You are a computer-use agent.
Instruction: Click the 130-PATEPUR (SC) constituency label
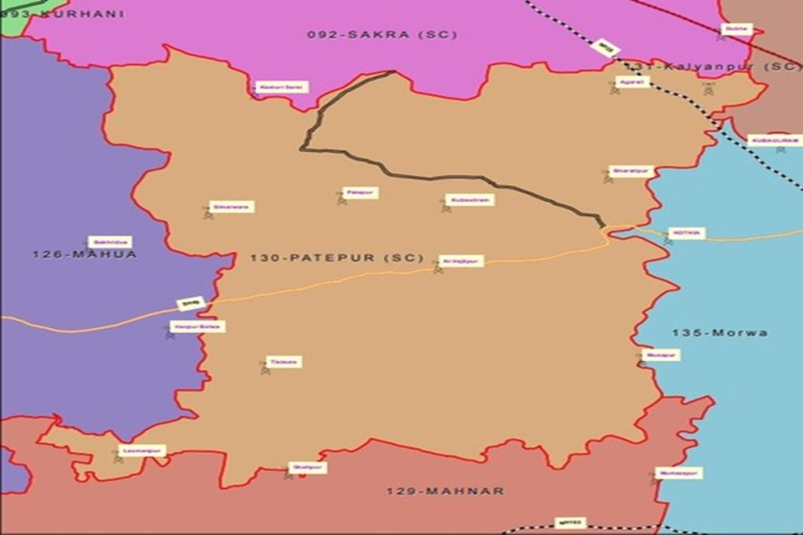tap(336, 258)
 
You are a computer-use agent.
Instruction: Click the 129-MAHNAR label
tap(445, 491)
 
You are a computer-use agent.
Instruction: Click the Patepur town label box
tap(361, 192)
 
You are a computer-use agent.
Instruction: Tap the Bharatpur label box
tap(631, 171)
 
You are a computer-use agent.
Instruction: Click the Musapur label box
tap(661, 355)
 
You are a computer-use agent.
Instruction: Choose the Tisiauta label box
tap(284, 362)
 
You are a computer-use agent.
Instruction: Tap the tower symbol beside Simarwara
tap(208, 212)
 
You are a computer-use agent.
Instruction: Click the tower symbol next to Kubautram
tap(446, 206)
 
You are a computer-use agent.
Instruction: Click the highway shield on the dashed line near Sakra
tap(604, 47)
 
